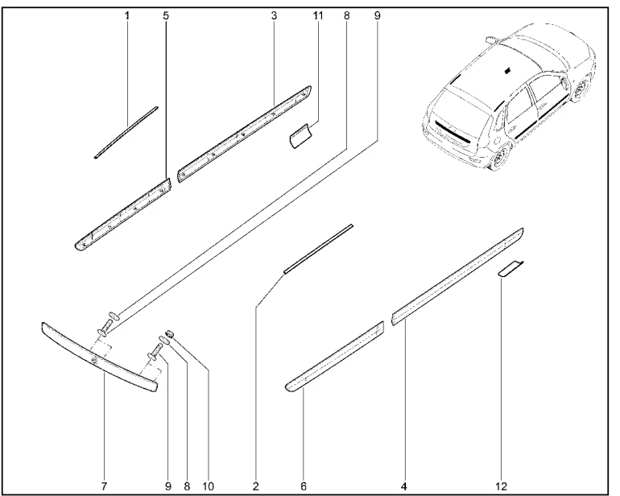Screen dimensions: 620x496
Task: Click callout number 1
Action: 127,16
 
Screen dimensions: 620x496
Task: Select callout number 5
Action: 166,16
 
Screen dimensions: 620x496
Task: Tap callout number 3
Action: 274,16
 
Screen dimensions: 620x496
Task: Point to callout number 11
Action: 318,16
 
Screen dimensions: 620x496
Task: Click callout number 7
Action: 104,486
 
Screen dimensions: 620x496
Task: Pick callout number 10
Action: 208,486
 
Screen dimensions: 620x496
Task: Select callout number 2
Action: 256,486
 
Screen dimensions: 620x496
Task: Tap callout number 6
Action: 304,486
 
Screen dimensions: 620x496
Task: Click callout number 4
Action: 403,486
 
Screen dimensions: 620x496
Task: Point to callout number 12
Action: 502,486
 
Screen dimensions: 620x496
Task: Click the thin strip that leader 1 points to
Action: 126,132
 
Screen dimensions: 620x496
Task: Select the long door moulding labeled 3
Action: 245,134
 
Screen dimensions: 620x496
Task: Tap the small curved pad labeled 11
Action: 300,135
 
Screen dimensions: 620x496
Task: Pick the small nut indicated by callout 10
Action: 169,333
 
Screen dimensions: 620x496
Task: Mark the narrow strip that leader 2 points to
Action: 318,249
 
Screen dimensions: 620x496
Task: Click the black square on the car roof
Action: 508,71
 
